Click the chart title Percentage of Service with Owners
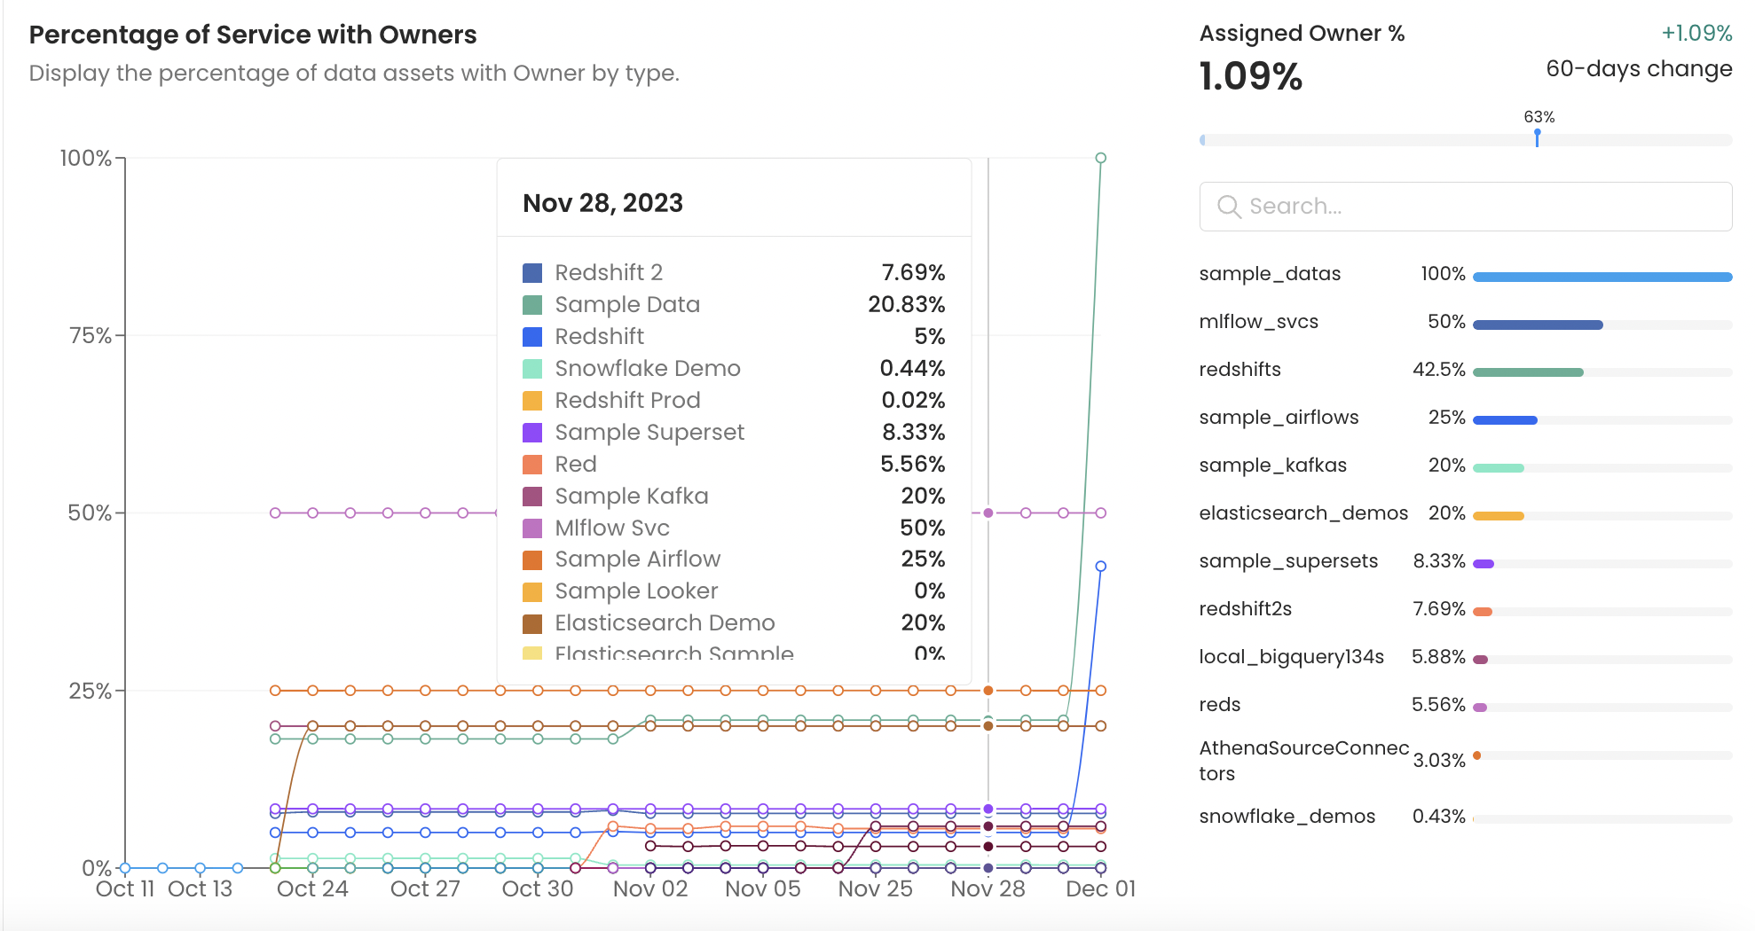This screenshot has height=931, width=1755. point(253,35)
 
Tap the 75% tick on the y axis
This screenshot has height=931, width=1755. point(91,336)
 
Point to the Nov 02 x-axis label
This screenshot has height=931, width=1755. point(650,888)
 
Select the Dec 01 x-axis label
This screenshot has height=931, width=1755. point(1100,888)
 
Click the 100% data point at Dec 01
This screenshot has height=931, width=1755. point(1101,158)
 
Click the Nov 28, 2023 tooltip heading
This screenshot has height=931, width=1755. point(602,203)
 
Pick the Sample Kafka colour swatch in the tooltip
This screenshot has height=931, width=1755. point(532,497)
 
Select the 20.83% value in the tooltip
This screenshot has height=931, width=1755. point(906,304)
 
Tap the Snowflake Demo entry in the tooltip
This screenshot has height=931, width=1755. point(647,368)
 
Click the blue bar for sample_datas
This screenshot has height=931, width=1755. point(1602,278)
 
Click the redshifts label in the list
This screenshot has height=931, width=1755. point(1240,370)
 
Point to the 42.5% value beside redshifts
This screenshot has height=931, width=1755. point(1438,370)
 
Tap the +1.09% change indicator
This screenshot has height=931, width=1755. point(1696,33)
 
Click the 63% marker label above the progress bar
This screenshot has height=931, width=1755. point(1539,117)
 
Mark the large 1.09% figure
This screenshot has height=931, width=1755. point(1250,76)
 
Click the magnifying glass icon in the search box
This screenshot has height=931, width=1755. point(1229,207)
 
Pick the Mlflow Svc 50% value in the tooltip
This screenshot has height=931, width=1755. point(922,528)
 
